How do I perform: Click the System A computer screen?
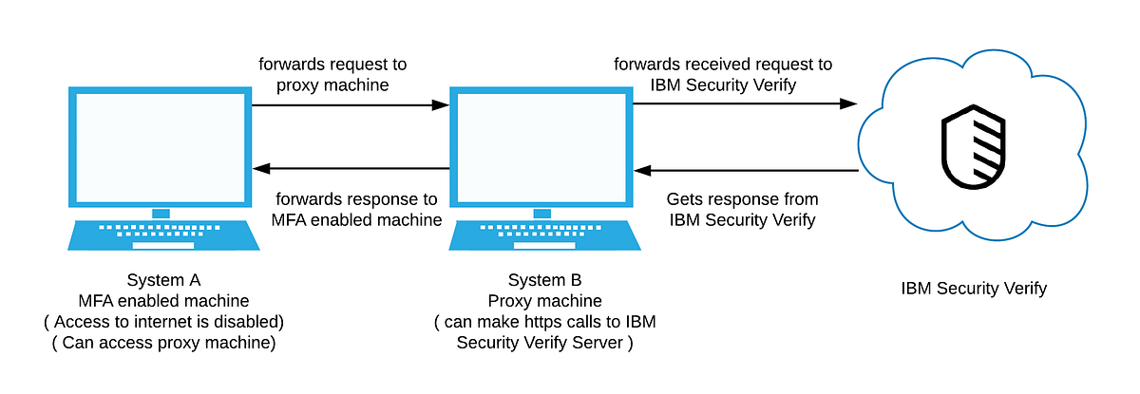pos(161,147)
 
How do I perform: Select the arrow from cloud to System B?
pos(747,171)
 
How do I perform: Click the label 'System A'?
pos(163,280)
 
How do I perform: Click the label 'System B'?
pos(544,280)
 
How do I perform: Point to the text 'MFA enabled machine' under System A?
pos(163,301)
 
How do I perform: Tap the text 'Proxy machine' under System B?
pos(544,301)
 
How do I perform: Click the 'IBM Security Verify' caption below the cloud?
pos(974,288)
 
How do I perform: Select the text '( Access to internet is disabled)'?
pos(163,322)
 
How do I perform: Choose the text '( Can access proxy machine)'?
pos(163,343)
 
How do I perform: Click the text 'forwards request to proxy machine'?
pos(332,75)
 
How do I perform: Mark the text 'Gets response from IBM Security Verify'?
pos(742,210)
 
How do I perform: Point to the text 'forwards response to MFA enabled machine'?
pos(356,210)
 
